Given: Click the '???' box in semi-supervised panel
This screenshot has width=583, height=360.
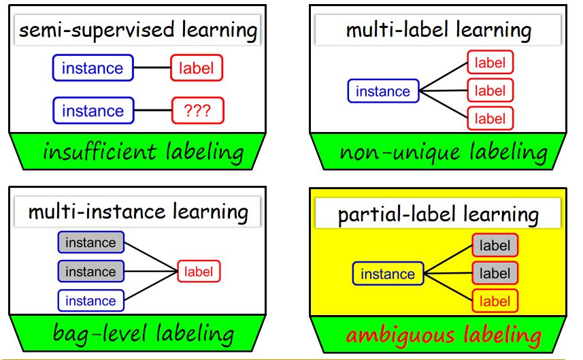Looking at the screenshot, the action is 197,111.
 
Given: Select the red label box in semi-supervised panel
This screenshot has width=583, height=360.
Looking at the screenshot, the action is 197,68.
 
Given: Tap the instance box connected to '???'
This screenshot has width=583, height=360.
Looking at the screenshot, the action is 93,111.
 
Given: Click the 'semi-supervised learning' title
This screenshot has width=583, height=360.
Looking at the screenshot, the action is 138,30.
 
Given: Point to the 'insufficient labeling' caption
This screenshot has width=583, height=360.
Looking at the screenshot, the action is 142,151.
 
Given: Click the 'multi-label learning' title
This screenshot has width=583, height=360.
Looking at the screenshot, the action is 438,30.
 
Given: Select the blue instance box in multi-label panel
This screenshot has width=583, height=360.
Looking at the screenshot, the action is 383,91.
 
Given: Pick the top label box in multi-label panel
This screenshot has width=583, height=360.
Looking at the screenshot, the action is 490,63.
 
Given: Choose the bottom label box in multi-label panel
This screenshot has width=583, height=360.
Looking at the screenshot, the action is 490,118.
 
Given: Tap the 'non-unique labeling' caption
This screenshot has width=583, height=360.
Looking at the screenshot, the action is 443,151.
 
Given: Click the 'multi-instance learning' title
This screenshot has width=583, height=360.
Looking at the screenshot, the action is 138,212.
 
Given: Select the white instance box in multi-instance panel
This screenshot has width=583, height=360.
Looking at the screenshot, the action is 90,301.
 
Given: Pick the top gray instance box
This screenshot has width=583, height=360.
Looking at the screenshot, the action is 90,243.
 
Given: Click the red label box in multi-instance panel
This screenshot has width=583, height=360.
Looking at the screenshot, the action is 199,272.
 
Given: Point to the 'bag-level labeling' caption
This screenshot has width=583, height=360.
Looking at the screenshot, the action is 144,333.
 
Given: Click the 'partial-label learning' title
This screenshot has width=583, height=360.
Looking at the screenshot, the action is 438,215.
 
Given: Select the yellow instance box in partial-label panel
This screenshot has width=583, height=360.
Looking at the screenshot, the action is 388,274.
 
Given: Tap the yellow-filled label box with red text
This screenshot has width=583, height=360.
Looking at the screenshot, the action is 495,301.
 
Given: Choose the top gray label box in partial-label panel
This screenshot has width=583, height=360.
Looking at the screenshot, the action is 495,245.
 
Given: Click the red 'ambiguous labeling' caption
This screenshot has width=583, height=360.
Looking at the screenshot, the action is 444,335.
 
